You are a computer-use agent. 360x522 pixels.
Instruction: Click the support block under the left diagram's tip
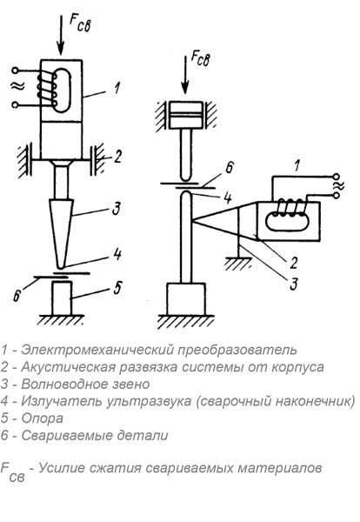click(x=62, y=298)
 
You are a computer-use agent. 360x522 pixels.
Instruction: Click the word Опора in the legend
click(x=37, y=418)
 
